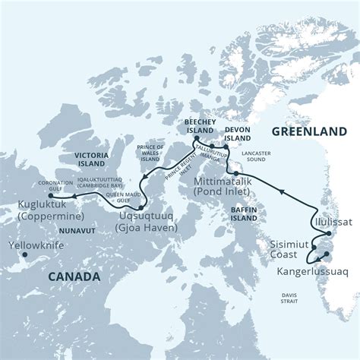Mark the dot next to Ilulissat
pos(311,223)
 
